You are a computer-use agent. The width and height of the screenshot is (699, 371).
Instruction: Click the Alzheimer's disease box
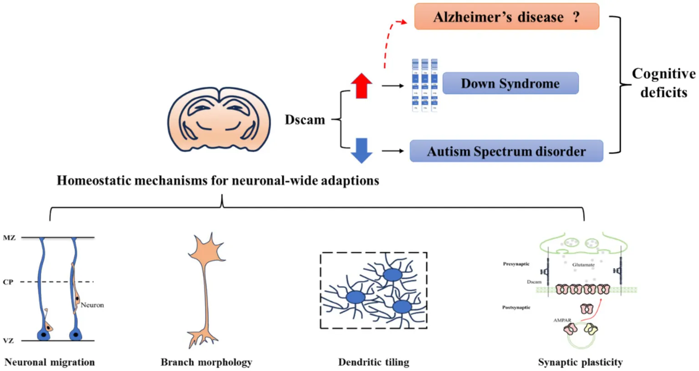(x=506, y=17)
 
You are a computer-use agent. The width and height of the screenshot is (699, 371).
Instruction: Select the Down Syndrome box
(x=510, y=83)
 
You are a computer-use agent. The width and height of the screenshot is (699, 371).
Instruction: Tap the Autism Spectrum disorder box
(x=506, y=151)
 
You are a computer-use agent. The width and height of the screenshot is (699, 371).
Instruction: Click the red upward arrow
(x=362, y=86)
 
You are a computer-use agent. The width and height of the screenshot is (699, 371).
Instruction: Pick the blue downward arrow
(x=362, y=150)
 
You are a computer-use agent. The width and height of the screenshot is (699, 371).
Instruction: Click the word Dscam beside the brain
(x=305, y=120)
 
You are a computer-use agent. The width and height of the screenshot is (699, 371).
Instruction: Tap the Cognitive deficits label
(x=663, y=83)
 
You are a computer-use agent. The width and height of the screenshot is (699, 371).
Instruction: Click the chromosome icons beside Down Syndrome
(x=424, y=85)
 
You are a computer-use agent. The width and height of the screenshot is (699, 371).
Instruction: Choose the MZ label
(x=9, y=238)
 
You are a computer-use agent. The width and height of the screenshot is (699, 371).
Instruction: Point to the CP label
(x=8, y=282)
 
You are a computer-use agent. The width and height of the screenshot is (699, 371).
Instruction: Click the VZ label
(x=8, y=340)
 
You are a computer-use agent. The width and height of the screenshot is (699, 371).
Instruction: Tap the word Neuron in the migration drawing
(x=92, y=305)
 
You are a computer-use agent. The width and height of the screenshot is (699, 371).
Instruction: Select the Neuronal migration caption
(x=50, y=362)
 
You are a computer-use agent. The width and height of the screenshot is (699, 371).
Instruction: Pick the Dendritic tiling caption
(x=373, y=362)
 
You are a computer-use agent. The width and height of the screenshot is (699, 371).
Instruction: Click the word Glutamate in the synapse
(x=583, y=265)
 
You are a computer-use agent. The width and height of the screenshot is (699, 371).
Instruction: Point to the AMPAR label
(x=562, y=320)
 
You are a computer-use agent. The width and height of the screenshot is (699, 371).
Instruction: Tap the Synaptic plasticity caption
(x=580, y=362)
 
